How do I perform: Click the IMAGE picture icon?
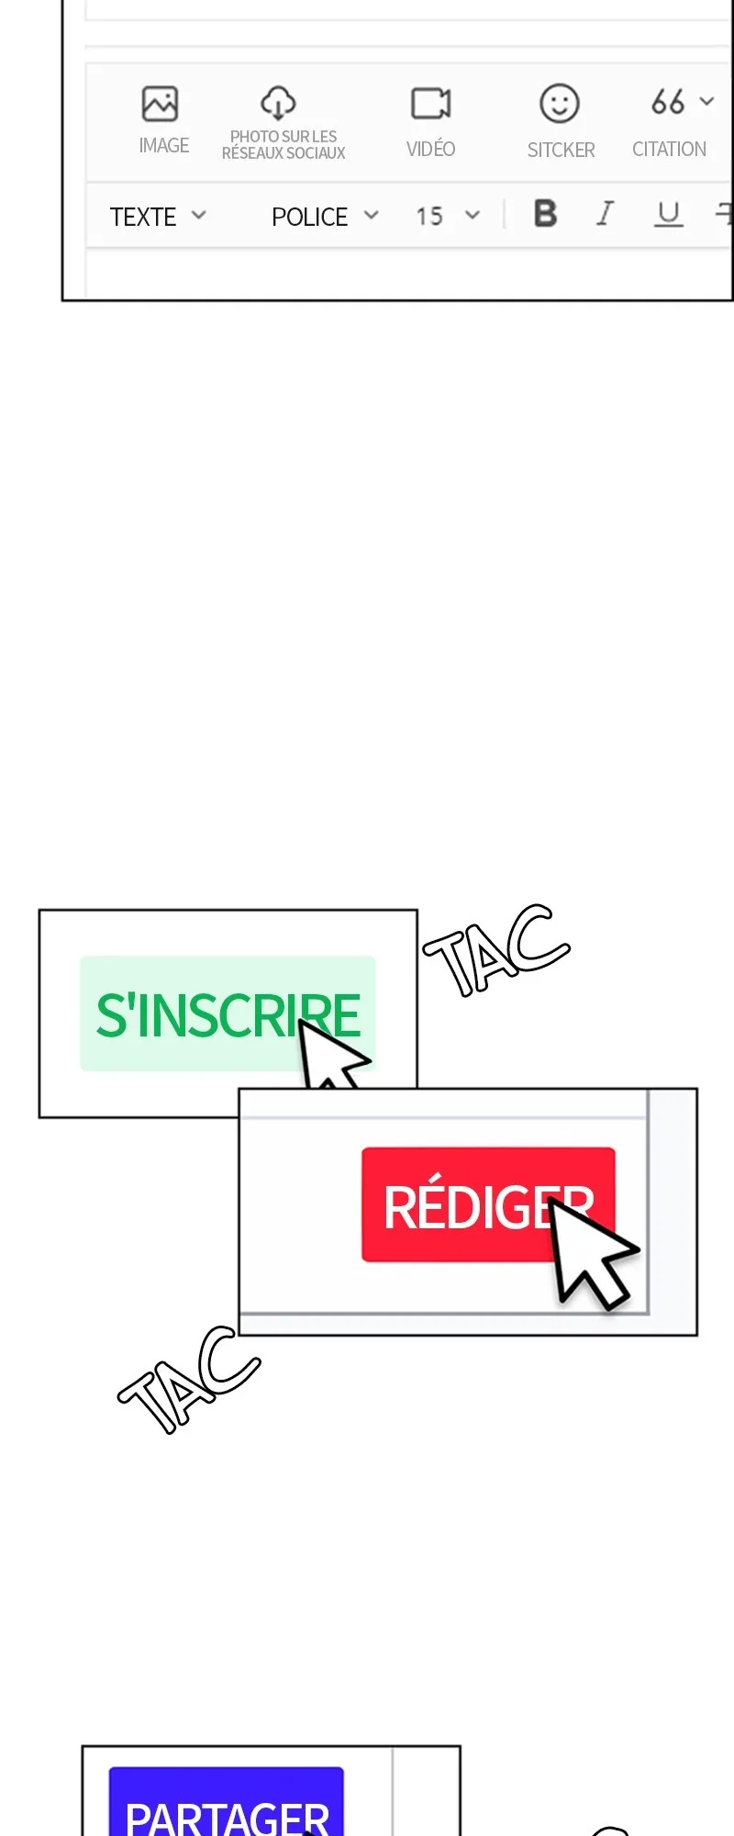(x=160, y=104)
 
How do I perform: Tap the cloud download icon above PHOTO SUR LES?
(x=278, y=103)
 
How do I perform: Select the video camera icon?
(x=430, y=104)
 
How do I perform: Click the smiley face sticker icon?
(x=560, y=104)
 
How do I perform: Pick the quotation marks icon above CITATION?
(x=668, y=101)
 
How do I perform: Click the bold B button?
(x=546, y=214)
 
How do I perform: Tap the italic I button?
(x=605, y=214)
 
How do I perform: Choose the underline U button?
(x=669, y=214)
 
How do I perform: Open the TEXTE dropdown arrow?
(x=199, y=216)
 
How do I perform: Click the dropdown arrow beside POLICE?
(x=371, y=216)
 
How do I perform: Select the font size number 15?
(x=429, y=217)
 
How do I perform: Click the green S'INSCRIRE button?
(x=228, y=1013)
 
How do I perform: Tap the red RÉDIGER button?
(x=488, y=1204)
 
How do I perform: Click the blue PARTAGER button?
(x=227, y=1801)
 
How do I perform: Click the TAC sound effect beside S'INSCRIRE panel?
(x=496, y=950)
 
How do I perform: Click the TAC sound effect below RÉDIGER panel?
(x=189, y=1380)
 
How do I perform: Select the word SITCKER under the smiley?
(x=561, y=150)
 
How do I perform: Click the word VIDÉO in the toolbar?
(x=430, y=148)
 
